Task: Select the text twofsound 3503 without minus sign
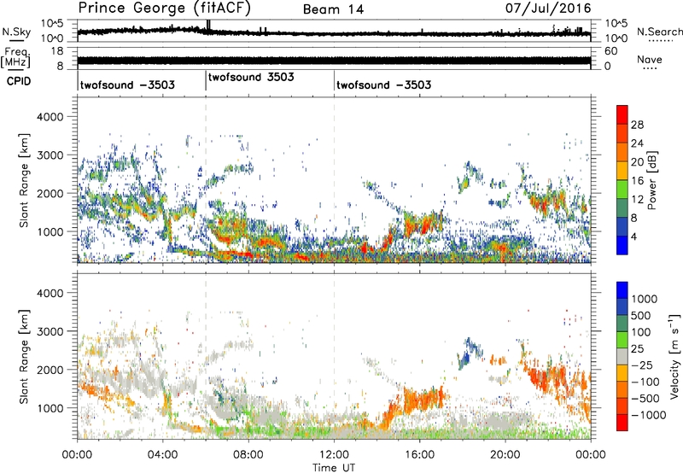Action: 252,77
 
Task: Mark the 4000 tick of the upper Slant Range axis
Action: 57,116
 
